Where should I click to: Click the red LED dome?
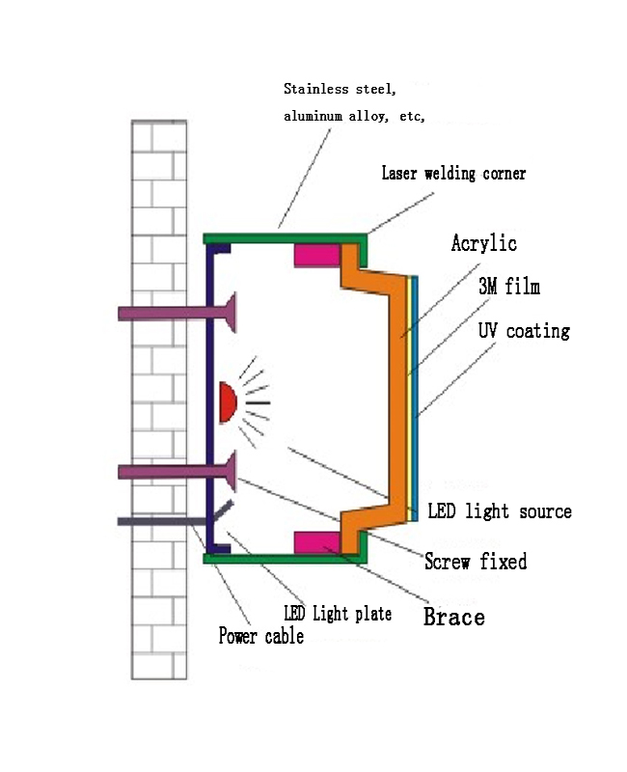click(x=228, y=402)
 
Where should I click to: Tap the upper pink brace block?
click(x=316, y=256)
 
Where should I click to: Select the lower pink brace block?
click(x=316, y=542)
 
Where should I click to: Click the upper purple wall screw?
click(x=177, y=313)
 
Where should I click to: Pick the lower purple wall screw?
click(x=177, y=472)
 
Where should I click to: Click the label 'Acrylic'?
click(x=484, y=243)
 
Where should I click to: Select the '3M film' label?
click(x=509, y=286)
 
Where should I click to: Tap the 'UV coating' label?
click(x=524, y=330)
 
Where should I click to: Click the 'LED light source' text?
click(x=500, y=511)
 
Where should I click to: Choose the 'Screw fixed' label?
click(x=476, y=562)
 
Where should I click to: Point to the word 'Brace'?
click(x=453, y=617)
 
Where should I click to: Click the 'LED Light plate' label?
click(x=338, y=614)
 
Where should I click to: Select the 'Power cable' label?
click(x=260, y=636)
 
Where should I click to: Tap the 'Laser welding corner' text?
click(x=453, y=174)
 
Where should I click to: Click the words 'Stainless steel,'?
click(x=340, y=89)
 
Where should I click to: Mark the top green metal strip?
click(x=286, y=238)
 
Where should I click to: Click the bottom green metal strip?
click(x=286, y=559)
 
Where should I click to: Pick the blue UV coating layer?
click(x=415, y=399)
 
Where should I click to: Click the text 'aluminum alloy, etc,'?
click(x=354, y=116)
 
